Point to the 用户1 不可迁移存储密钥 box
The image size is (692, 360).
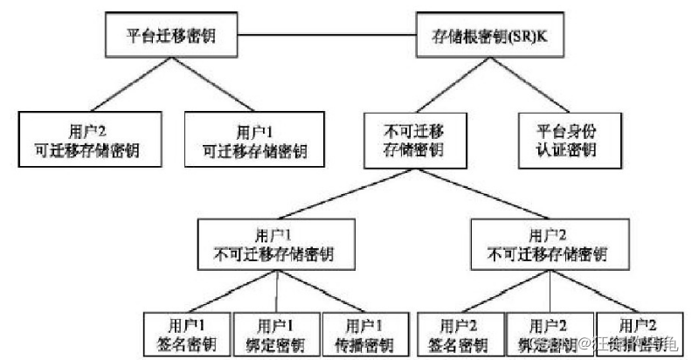[x=276, y=245]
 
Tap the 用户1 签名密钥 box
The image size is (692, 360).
[x=185, y=333]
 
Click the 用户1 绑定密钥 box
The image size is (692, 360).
[x=276, y=333]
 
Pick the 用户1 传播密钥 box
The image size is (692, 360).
[x=364, y=333]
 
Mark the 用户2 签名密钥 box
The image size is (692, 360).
[x=460, y=333]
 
